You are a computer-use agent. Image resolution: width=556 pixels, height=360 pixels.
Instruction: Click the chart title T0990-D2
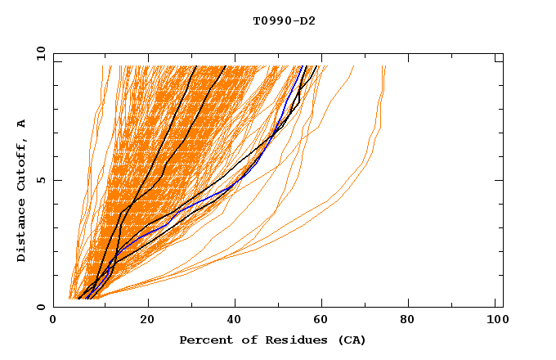pyautogui.click(x=284, y=20)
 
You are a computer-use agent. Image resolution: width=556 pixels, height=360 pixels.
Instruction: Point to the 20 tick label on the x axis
pyautogui.click(x=147, y=321)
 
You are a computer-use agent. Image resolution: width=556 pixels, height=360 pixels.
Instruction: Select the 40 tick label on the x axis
pyautogui.click(x=235, y=321)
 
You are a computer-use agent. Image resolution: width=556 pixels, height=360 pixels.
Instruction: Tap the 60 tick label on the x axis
pyautogui.click(x=324, y=321)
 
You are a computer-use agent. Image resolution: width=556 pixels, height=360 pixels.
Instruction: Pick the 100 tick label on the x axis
pyautogui.click(x=496, y=321)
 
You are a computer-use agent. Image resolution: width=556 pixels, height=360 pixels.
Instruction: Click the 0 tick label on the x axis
pyautogui.click(x=53, y=321)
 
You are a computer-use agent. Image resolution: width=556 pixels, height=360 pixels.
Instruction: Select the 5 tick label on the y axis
pyautogui.click(x=39, y=180)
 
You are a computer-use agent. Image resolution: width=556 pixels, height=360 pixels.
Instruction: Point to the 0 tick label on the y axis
pyautogui.click(x=39, y=307)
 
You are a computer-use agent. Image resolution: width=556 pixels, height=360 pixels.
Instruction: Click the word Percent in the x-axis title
pyautogui.click(x=204, y=340)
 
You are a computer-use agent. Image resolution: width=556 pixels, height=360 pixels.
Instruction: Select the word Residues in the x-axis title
pyautogui.click(x=293, y=340)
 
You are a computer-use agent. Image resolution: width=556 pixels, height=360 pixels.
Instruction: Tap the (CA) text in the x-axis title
pyautogui.click(x=349, y=340)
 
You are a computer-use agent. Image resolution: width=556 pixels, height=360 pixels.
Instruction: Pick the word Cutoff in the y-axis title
pyautogui.click(x=22, y=164)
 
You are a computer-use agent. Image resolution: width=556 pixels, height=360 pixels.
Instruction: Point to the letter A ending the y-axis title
pyautogui.click(x=22, y=123)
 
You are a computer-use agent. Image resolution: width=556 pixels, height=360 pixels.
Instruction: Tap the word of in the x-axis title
pyautogui.click(x=253, y=340)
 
